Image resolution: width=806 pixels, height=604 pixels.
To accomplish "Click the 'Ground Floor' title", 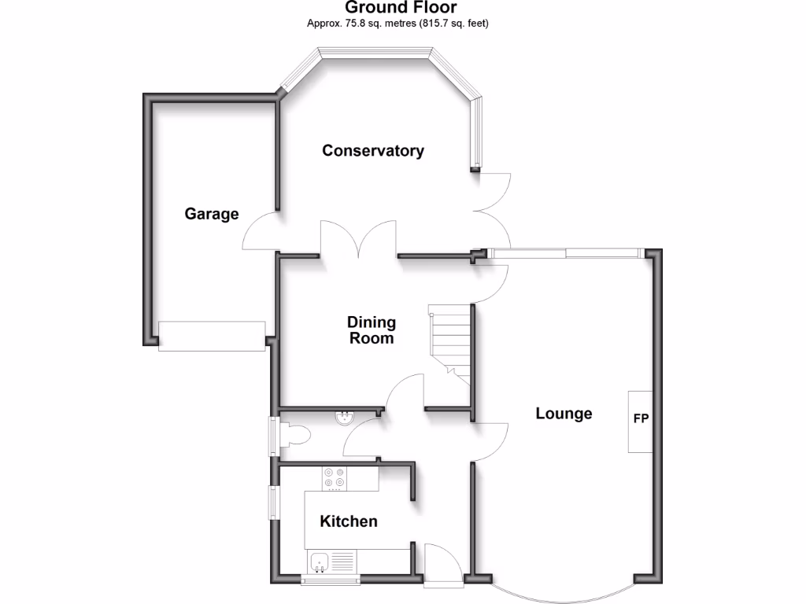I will tap(401, 8).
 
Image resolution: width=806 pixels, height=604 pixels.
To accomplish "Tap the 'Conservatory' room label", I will tap(373, 150).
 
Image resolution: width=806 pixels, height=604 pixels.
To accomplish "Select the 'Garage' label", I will tap(212, 213).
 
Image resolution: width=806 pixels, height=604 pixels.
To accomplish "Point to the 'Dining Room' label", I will tap(372, 330).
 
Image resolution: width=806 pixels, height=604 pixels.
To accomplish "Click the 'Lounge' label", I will tap(564, 414).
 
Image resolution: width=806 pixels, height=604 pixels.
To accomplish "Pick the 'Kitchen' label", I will tap(348, 521).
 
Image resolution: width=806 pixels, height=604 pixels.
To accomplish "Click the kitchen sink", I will tap(320, 562).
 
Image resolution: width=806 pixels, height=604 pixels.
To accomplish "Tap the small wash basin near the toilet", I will tap(344, 418).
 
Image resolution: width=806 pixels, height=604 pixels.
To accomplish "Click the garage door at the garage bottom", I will tap(212, 336).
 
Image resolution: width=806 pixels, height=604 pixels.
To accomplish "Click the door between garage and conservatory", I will tap(260, 231).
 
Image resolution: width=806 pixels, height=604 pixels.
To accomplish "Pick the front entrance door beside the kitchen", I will tap(442, 565).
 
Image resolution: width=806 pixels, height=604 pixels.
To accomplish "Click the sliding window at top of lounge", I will tap(565, 252).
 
